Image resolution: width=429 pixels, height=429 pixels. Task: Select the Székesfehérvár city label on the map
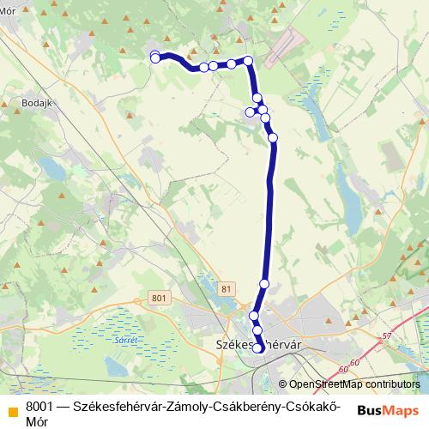(257, 347)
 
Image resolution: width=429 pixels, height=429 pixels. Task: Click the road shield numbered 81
(225, 289)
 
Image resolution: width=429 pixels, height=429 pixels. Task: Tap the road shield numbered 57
(387, 335)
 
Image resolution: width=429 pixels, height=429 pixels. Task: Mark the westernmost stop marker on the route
(155, 57)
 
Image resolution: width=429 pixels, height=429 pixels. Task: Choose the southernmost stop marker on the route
(257, 347)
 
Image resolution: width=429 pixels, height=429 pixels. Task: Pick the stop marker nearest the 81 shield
(264, 283)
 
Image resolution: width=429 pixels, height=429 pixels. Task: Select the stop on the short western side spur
(251, 112)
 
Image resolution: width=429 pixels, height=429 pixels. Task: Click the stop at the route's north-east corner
(248, 60)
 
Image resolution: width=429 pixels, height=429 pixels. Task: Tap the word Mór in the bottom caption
(37, 421)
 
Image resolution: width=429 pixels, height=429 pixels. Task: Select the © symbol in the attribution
(282, 384)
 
